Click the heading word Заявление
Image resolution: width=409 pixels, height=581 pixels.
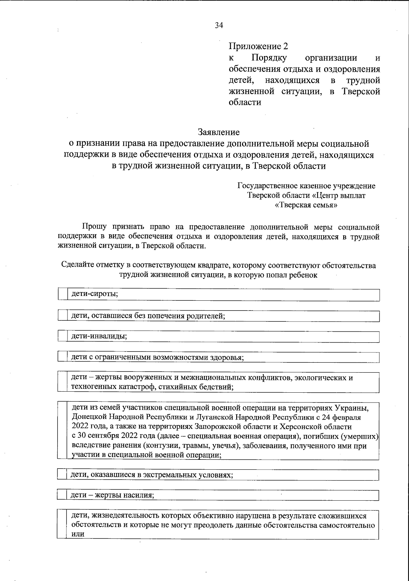[x=218, y=132]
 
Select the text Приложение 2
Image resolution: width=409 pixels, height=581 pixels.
[x=258, y=46]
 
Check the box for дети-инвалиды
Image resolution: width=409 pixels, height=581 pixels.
[x=63, y=336]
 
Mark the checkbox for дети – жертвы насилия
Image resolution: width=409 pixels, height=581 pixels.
[x=62, y=495]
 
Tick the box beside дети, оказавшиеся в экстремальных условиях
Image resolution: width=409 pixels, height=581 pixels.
[x=62, y=474]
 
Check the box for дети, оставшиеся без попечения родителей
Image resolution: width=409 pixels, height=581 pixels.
[x=63, y=315]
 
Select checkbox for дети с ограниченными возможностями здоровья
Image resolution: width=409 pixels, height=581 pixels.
[x=63, y=357]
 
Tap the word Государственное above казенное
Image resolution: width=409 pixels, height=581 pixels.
[x=268, y=186]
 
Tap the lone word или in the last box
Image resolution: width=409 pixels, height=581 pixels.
[x=78, y=534]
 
